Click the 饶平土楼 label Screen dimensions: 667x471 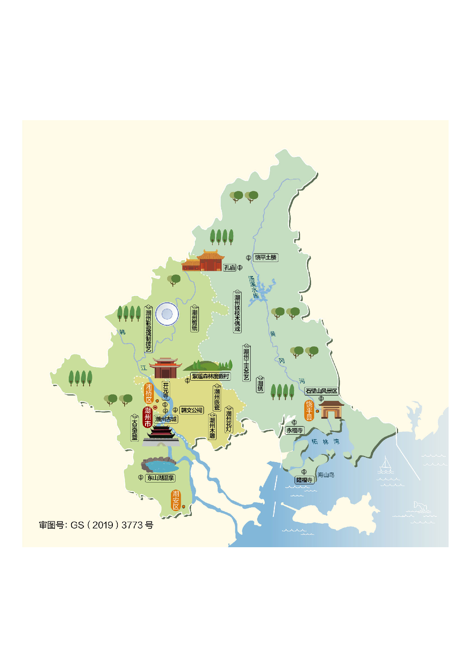266,257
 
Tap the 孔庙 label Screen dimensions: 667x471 230,268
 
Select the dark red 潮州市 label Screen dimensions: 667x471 147,417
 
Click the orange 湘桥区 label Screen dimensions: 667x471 149,393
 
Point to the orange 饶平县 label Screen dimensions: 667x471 309,410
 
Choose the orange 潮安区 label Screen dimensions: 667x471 175,500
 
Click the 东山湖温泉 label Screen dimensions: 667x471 161,478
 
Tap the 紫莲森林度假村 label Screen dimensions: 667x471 210,376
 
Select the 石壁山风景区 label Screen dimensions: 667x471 321,391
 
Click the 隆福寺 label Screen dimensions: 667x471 304,480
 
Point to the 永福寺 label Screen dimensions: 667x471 294,430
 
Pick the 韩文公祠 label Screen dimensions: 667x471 191,410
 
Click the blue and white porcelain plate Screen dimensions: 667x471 167,314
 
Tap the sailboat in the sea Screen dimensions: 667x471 386,464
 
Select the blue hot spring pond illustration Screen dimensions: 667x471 160,466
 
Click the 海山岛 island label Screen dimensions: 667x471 326,475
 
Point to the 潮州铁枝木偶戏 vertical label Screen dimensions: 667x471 237,313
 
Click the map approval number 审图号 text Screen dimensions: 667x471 96,525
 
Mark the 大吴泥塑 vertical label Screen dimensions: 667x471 134,429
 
